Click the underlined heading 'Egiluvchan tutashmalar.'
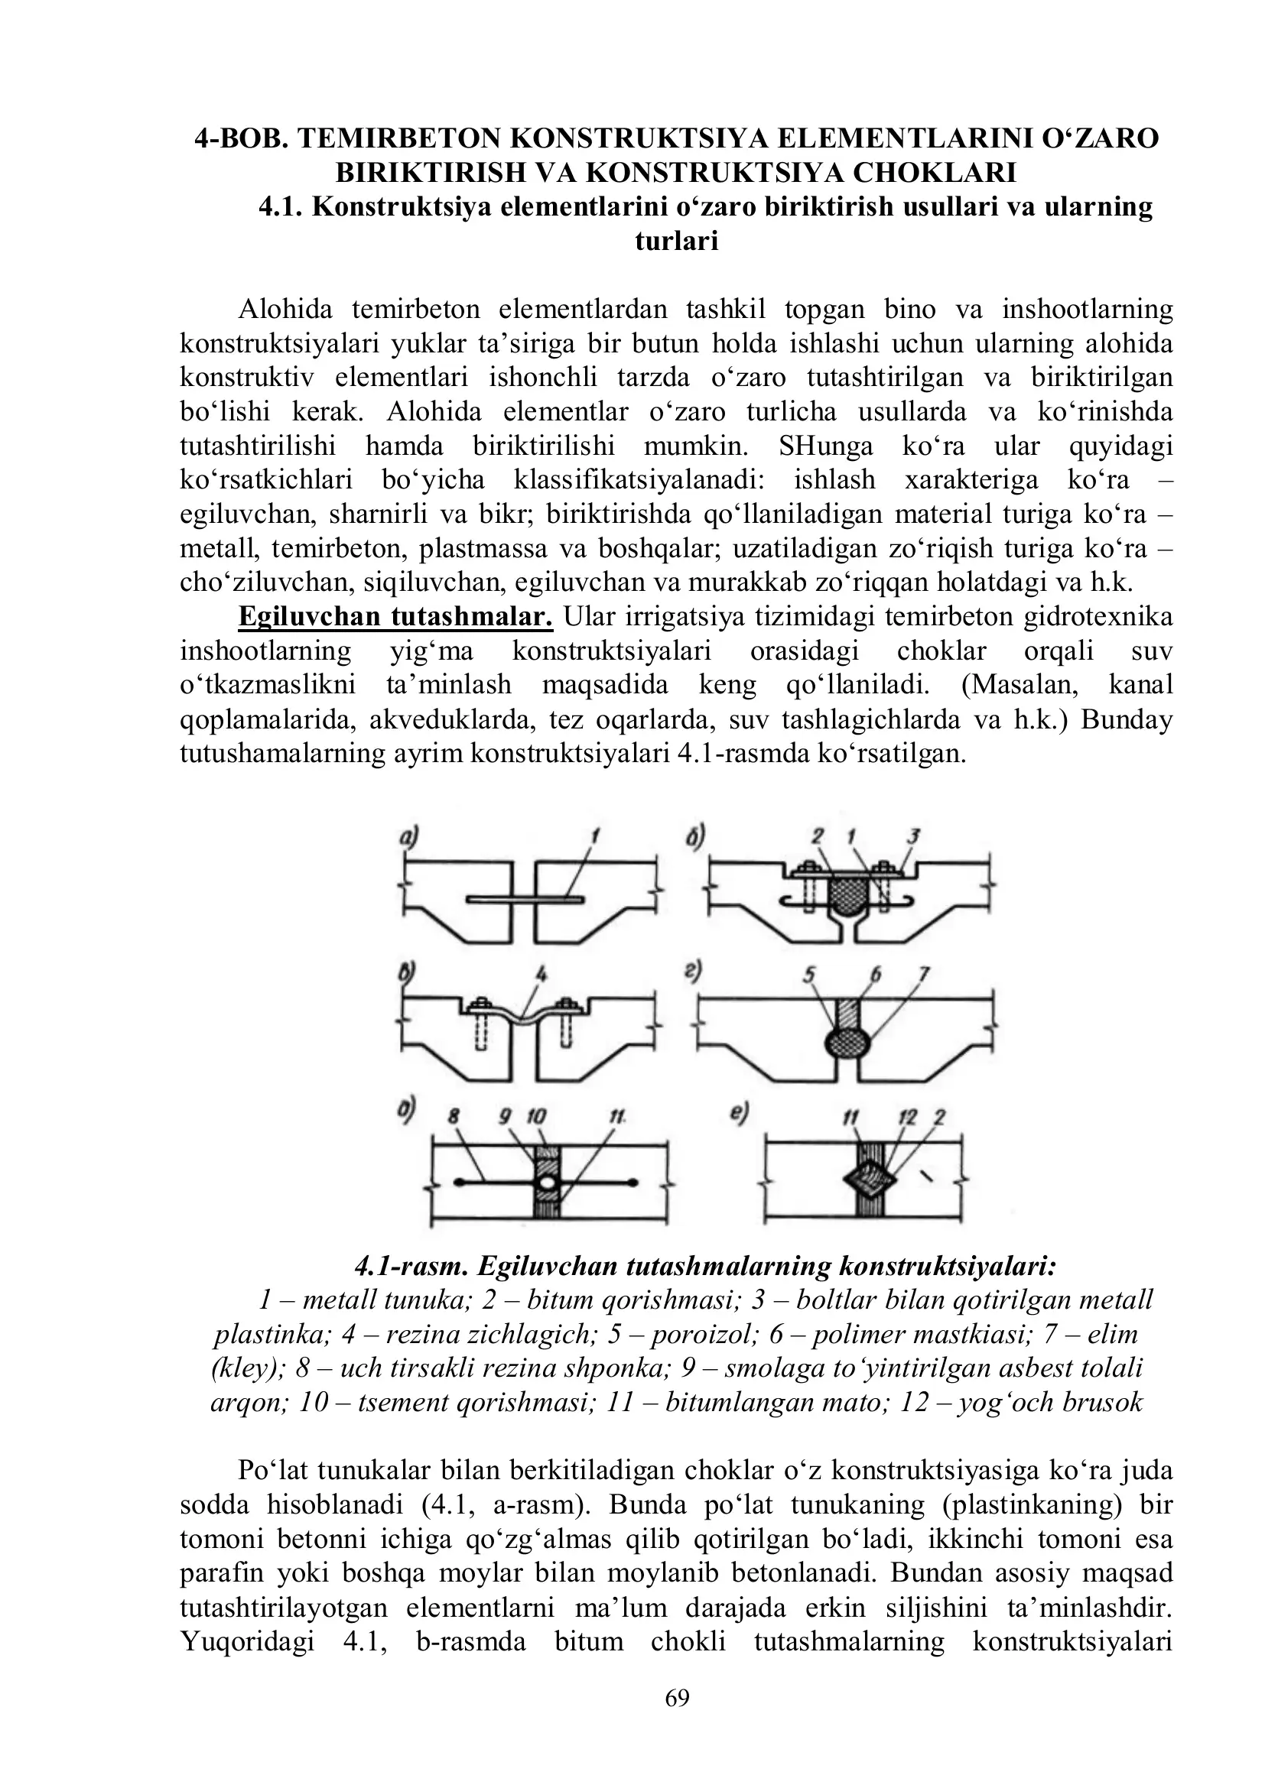coord(395,617)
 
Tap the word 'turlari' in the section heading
coord(676,242)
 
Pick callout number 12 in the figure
coord(907,1118)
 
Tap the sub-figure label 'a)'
coord(408,837)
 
